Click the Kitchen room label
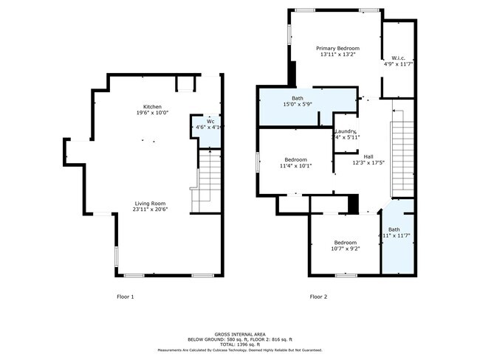[x=153, y=106]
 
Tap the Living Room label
[x=150, y=203]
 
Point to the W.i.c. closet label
[x=398, y=58]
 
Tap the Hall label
[x=368, y=156]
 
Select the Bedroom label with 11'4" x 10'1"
[x=295, y=159]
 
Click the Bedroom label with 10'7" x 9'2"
[x=345, y=243]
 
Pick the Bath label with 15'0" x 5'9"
[x=297, y=98]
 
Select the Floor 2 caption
[x=318, y=297]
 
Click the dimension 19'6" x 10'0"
[x=153, y=113]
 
